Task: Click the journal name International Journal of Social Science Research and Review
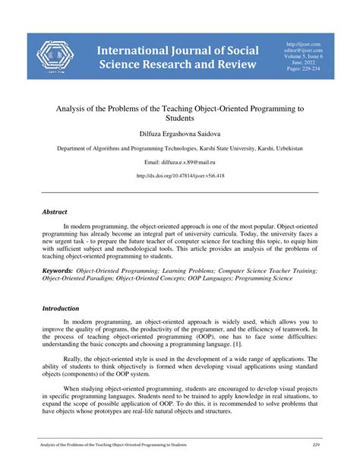click(x=178, y=57)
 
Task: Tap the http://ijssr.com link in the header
click(x=303, y=44)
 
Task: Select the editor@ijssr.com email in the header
click(x=303, y=50)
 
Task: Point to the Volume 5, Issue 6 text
click(x=303, y=56)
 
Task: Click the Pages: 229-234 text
click(x=303, y=69)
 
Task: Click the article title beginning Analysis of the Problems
click(x=180, y=114)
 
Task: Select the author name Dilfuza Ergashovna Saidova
click(x=180, y=134)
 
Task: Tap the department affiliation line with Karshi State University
click(x=180, y=149)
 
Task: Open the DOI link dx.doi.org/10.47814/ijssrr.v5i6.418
click(x=180, y=176)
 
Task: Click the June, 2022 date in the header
click(x=303, y=63)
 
